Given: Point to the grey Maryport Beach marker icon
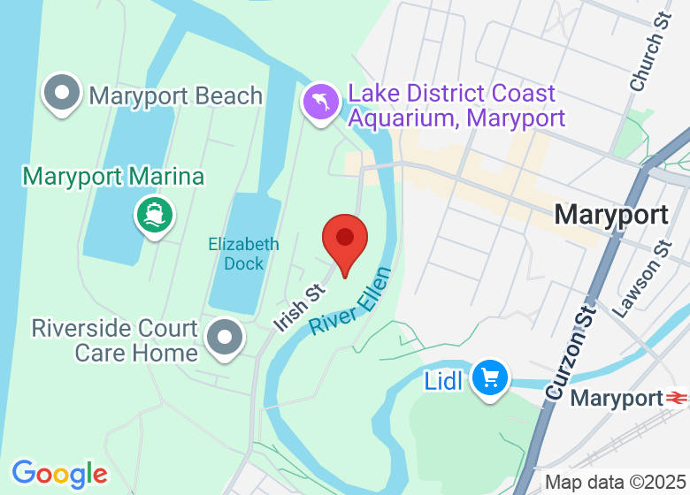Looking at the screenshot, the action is click(63, 95).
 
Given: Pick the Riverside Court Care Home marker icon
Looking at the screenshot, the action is click(225, 339).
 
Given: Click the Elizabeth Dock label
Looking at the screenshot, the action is click(243, 254).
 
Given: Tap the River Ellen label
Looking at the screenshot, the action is click(349, 301).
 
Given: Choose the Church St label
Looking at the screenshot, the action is click(647, 63).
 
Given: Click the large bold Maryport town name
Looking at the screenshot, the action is click(611, 215).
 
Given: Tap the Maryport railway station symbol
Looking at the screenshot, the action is click(678, 398).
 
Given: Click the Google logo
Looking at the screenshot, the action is click(59, 474).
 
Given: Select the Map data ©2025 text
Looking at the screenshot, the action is click(614, 483).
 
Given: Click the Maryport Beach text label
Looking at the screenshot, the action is click(176, 95).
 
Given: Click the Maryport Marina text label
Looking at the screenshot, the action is click(113, 176).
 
